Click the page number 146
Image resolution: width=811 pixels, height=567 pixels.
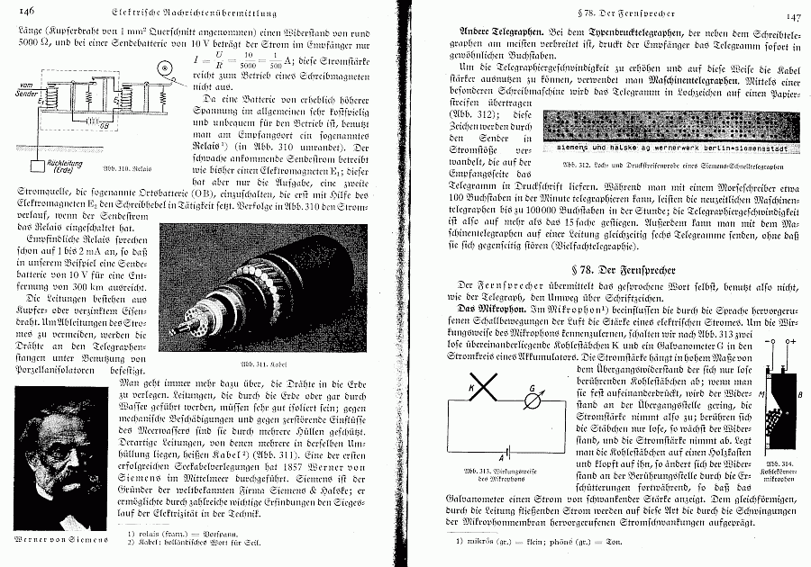23,10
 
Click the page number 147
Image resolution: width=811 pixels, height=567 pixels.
793,16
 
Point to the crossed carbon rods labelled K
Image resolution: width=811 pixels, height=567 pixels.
484,389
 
